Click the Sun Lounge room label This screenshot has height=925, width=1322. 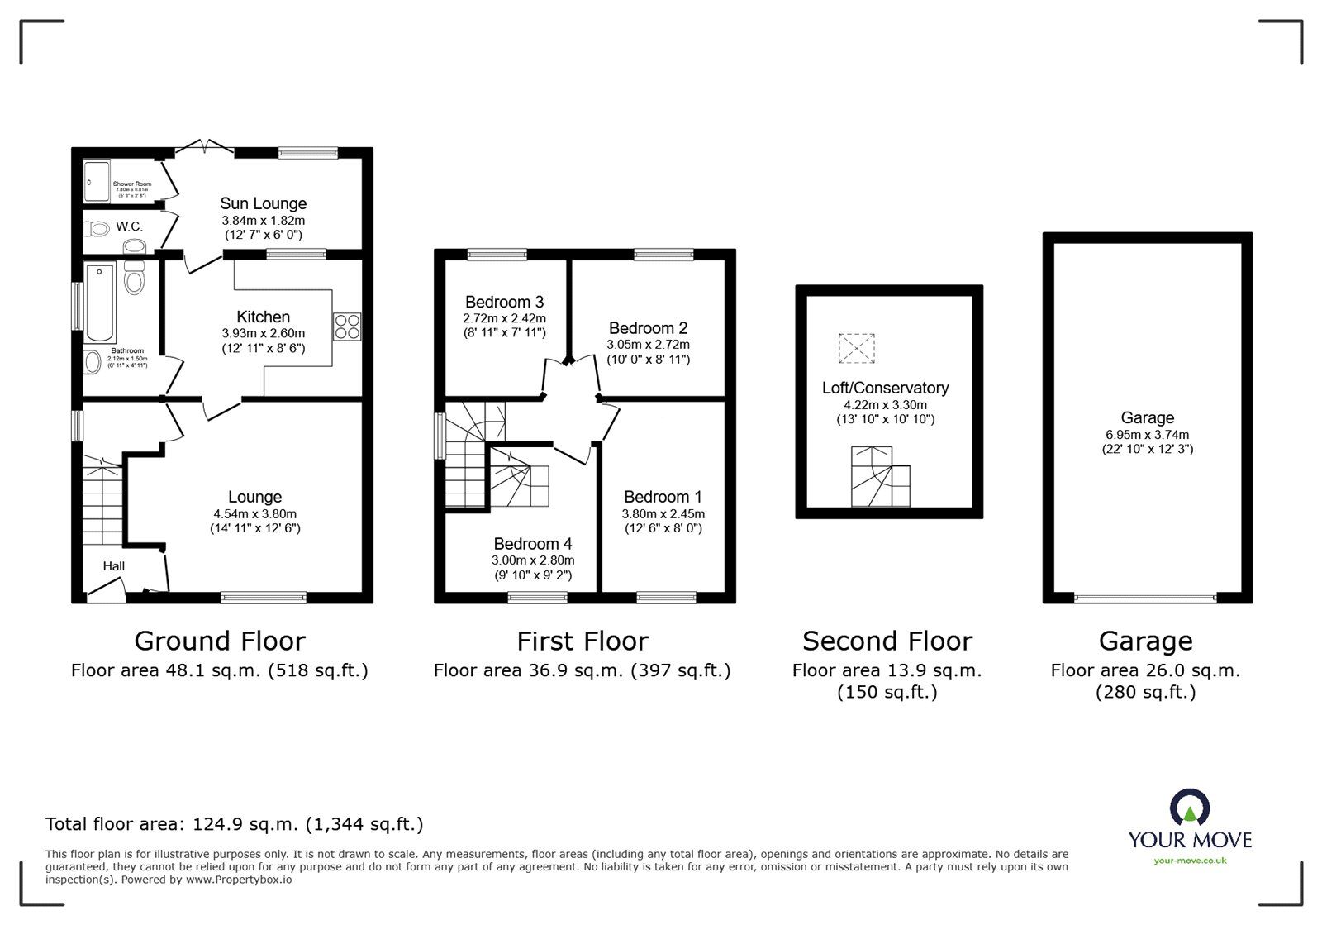263,203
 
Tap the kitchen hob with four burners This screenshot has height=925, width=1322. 347,327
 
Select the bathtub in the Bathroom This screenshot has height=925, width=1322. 101,302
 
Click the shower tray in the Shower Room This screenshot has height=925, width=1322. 97,180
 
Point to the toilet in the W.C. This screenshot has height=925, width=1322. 98,229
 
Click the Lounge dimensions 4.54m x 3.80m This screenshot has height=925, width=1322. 254,513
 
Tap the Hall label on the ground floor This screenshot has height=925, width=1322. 114,565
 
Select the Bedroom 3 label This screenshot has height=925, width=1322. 504,302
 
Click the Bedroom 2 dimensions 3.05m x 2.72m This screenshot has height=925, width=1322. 648,344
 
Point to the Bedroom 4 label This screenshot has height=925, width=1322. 532,543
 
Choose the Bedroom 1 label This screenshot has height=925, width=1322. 663,496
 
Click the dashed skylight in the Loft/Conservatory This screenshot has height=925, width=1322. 856,348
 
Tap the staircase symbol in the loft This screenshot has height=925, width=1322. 881,477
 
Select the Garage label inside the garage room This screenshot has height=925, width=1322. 1147,417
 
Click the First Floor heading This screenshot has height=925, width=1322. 582,641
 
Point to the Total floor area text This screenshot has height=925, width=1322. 234,823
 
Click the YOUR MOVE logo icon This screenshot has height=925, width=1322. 1189,808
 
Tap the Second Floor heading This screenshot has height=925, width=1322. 887,641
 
